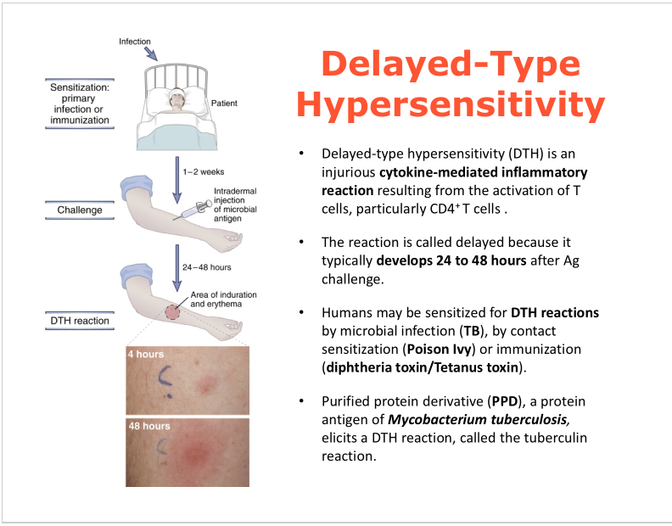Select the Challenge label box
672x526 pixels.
[x=80, y=210]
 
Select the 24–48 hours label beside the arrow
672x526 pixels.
[x=207, y=267]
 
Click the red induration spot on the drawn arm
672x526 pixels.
[x=178, y=311]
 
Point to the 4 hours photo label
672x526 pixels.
[x=146, y=354]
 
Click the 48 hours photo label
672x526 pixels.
[x=149, y=426]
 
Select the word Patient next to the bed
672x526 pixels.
[x=222, y=104]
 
